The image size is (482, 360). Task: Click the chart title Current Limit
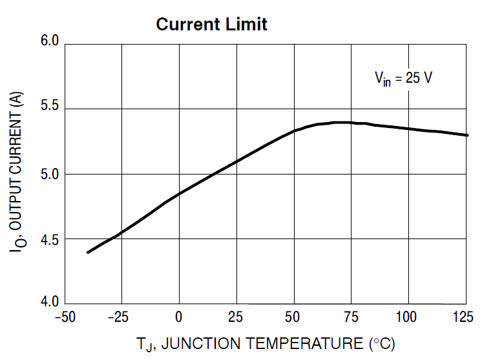(211, 25)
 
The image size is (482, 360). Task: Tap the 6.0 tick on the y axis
(50, 41)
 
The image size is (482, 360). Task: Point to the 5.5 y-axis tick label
(50, 107)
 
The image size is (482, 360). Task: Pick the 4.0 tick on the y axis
(50, 301)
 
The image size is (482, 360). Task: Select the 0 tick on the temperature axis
(179, 317)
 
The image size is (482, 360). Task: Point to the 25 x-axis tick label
(236, 317)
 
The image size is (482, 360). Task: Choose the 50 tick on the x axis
(293, 317)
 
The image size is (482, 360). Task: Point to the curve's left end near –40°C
(88, 252)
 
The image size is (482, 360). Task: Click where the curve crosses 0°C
(179, 193)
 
